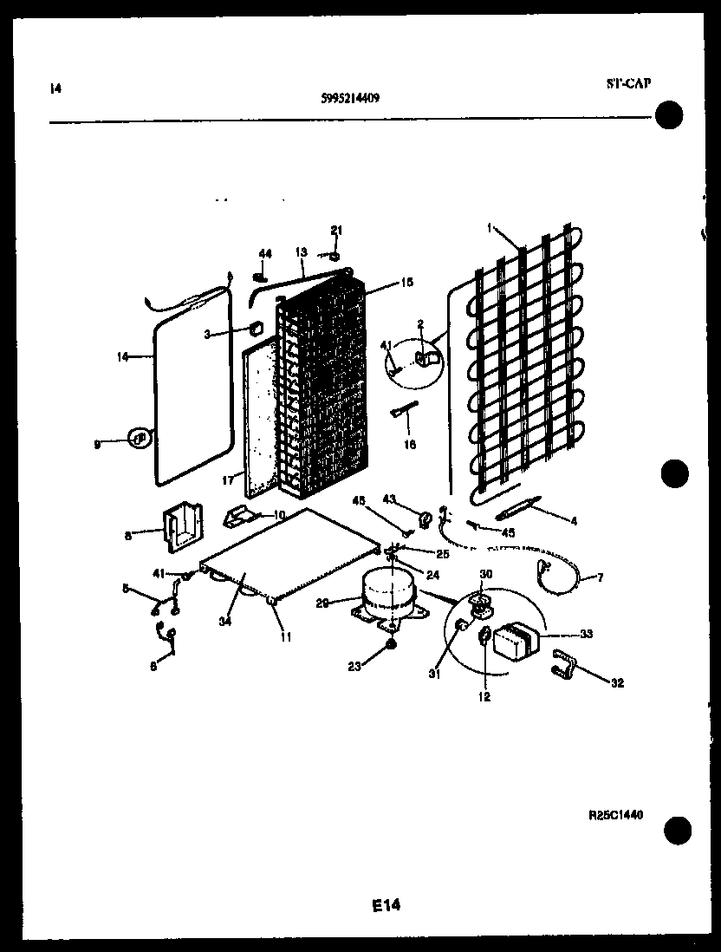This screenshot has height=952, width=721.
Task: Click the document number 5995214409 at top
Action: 349,98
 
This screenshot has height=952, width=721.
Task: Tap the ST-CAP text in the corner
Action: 627,83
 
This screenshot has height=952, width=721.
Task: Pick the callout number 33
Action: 587,635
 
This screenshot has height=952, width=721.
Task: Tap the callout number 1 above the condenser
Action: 490,229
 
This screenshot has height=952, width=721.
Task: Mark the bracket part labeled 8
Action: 180,530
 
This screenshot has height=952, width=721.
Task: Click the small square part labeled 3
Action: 256,329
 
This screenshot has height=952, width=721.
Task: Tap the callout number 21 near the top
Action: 337,230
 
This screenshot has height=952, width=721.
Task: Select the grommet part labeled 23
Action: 391,644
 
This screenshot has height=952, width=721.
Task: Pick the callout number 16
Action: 411,445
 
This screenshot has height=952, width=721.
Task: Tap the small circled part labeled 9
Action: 137,439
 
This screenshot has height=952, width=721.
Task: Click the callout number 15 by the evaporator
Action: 383,282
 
